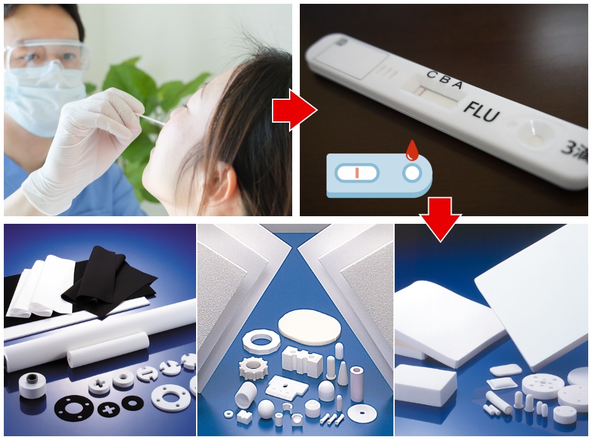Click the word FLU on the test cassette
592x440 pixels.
[x=482, y=113]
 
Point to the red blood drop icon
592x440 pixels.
[x=412, y=150]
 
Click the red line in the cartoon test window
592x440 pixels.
[x=357, y=173]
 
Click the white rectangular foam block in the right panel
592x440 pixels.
[x=425, y=384]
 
